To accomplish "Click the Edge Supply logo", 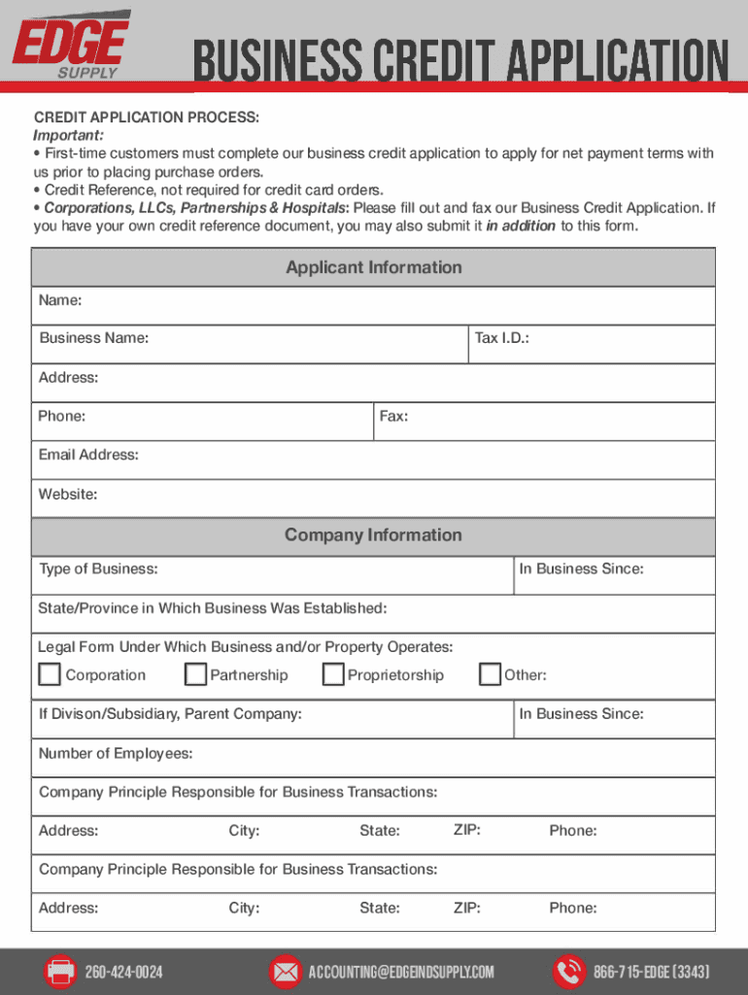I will (70, 45).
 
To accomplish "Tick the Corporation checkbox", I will (49, 674).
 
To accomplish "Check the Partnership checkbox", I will (196, 674).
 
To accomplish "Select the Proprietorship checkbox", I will (333, 674).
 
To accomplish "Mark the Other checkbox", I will (491, 674).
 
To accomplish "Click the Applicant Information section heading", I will (373, 267).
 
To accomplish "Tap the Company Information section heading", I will (373, 535).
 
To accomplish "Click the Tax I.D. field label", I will (501, 338).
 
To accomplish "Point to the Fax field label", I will (393, 416).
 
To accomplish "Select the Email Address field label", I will (88, 455).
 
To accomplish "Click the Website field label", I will (68, 495).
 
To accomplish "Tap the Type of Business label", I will (98, 569).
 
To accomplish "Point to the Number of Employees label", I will (116, 753).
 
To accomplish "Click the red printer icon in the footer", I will (60, 972).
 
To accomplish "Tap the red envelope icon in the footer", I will (285, 972).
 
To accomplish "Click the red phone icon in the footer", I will (567, 972).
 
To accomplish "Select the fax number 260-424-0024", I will (124, 973).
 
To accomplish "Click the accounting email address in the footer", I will (401, 973).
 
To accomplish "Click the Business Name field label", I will (94, 338).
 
